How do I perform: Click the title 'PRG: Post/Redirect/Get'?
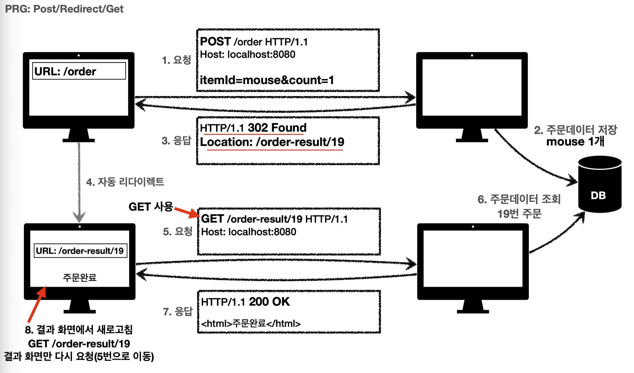coord(64,9)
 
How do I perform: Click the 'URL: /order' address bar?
coord(79,71)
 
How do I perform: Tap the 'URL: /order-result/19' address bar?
coord(80,251)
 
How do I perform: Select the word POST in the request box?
coord(215,42)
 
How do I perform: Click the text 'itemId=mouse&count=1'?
coord(267,80)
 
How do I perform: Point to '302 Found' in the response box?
coord(277,128)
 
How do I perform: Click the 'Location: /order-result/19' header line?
coord(272,142)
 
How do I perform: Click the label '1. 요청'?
coord(176,60)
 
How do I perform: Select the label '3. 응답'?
coord(176,140)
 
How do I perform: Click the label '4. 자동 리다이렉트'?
coord(125,182)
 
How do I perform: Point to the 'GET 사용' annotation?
coord(151,207)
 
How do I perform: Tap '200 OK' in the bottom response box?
coord(269,302)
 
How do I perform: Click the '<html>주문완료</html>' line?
coord(251,323)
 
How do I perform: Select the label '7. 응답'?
coord(177,312)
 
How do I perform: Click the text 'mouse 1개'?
coord(575,141)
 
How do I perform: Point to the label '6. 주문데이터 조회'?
coord(519,199)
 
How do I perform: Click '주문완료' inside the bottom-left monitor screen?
coord(79,277)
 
